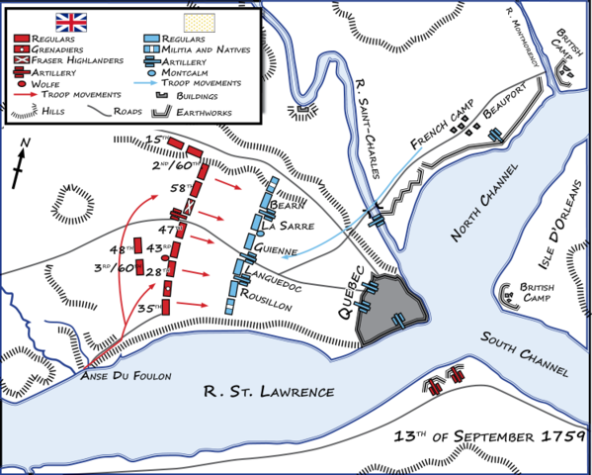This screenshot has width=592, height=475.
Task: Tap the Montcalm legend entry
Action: [183, 73]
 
